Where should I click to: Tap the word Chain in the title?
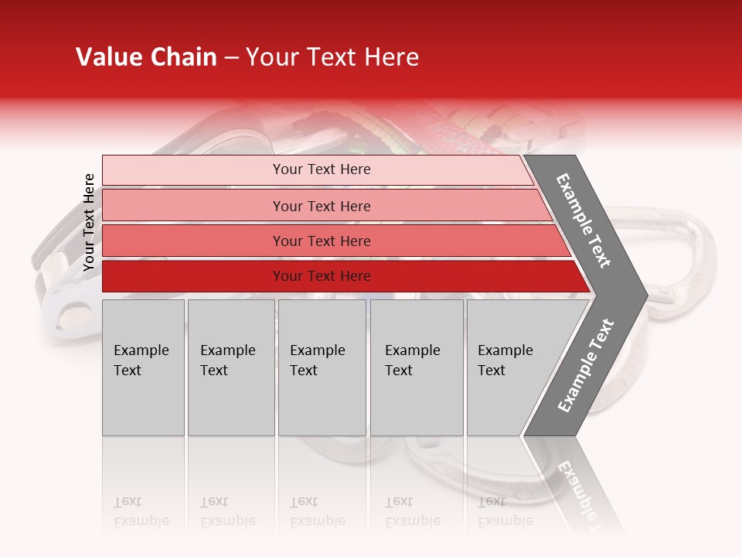point(183,57)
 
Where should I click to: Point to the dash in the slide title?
point(231,58)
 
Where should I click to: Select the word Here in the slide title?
point(391,57)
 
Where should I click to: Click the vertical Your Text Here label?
point(89,222)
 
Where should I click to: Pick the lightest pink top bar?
point(317,169)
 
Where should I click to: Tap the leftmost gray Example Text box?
point(143,367)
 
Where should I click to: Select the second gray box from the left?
point(231,367)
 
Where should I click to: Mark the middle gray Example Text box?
point(322,367)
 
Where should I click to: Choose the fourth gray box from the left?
point(417,367)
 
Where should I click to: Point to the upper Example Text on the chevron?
point(584,220)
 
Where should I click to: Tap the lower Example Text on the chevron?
point(586,365)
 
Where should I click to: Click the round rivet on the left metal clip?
point(68,318)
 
